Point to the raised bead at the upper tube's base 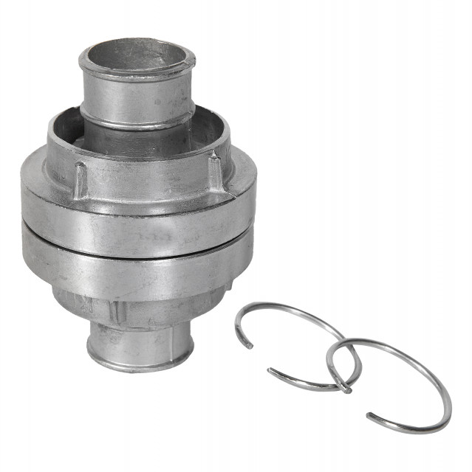137,124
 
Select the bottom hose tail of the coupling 140,343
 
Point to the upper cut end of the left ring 249,346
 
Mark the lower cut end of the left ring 270,370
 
